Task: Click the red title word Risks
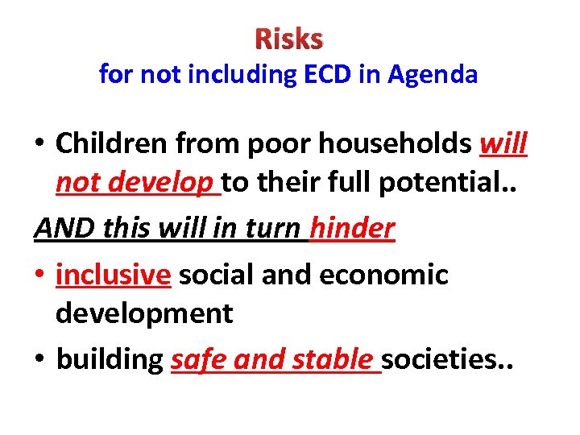(x=289, y=38)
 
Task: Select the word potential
(x=457, y=185)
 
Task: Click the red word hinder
(x=352, y=229)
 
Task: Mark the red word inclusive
(x=114, y=275)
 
